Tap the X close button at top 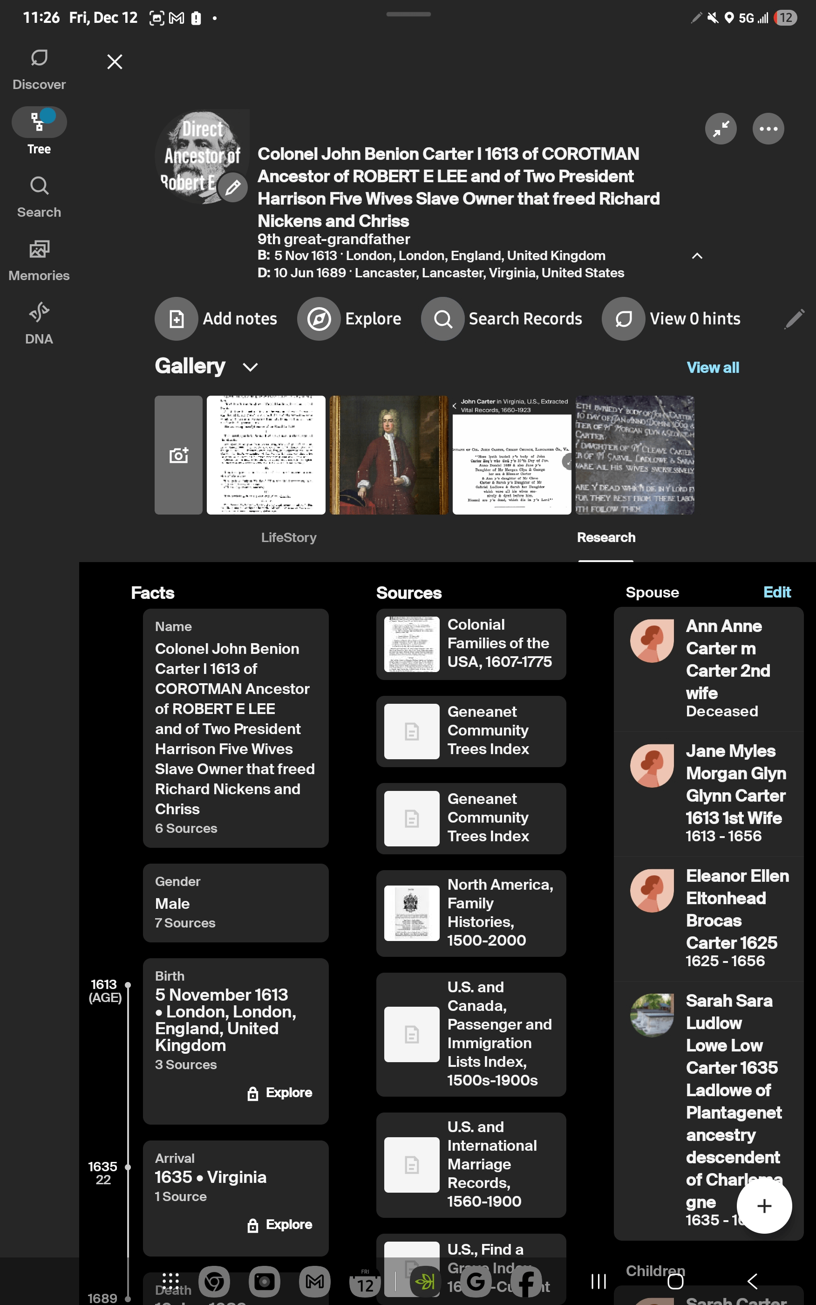(x=115, y=62)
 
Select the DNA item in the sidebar (x=39, y=323)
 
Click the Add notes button (x=216, y=318)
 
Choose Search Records (x=502, y=318)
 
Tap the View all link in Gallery (x=713, y=368)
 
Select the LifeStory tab (x=289, y=537)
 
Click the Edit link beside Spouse (x=776, y=592)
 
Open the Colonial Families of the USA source (x=470, y=644)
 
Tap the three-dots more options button (x=768, y=129)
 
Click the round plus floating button (x=764, y=1206)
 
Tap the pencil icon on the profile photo (x=232, y=188)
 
